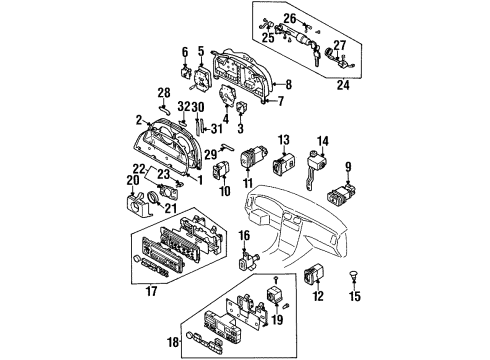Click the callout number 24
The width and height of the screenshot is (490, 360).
(x=343, y=85)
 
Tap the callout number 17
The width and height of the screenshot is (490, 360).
(x=151, y=291)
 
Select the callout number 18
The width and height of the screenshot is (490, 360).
(x=173, y=342)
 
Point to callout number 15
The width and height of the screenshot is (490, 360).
(x=355, y=296)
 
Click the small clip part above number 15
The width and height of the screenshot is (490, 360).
(x=354, y=275)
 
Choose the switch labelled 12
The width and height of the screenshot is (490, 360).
(x=314, y=273)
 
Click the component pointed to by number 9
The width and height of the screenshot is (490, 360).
(x=341, y=194)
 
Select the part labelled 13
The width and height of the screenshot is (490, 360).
(x=284, y=163)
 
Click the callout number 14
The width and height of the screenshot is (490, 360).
(x=323, y=141)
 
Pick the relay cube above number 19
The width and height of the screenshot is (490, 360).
(x=275, y=293)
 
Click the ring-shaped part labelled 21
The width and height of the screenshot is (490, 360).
(x=154, y=197)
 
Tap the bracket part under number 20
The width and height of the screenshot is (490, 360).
(x=137, y=204)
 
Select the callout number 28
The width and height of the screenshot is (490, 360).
(x=164, y=93)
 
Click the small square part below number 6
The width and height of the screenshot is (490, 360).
(x=185, y=72)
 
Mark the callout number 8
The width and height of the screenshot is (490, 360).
(x=288, y=84)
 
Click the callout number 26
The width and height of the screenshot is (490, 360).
(x=290, y=18)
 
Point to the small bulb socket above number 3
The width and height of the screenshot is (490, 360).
(x=241, y=108)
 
